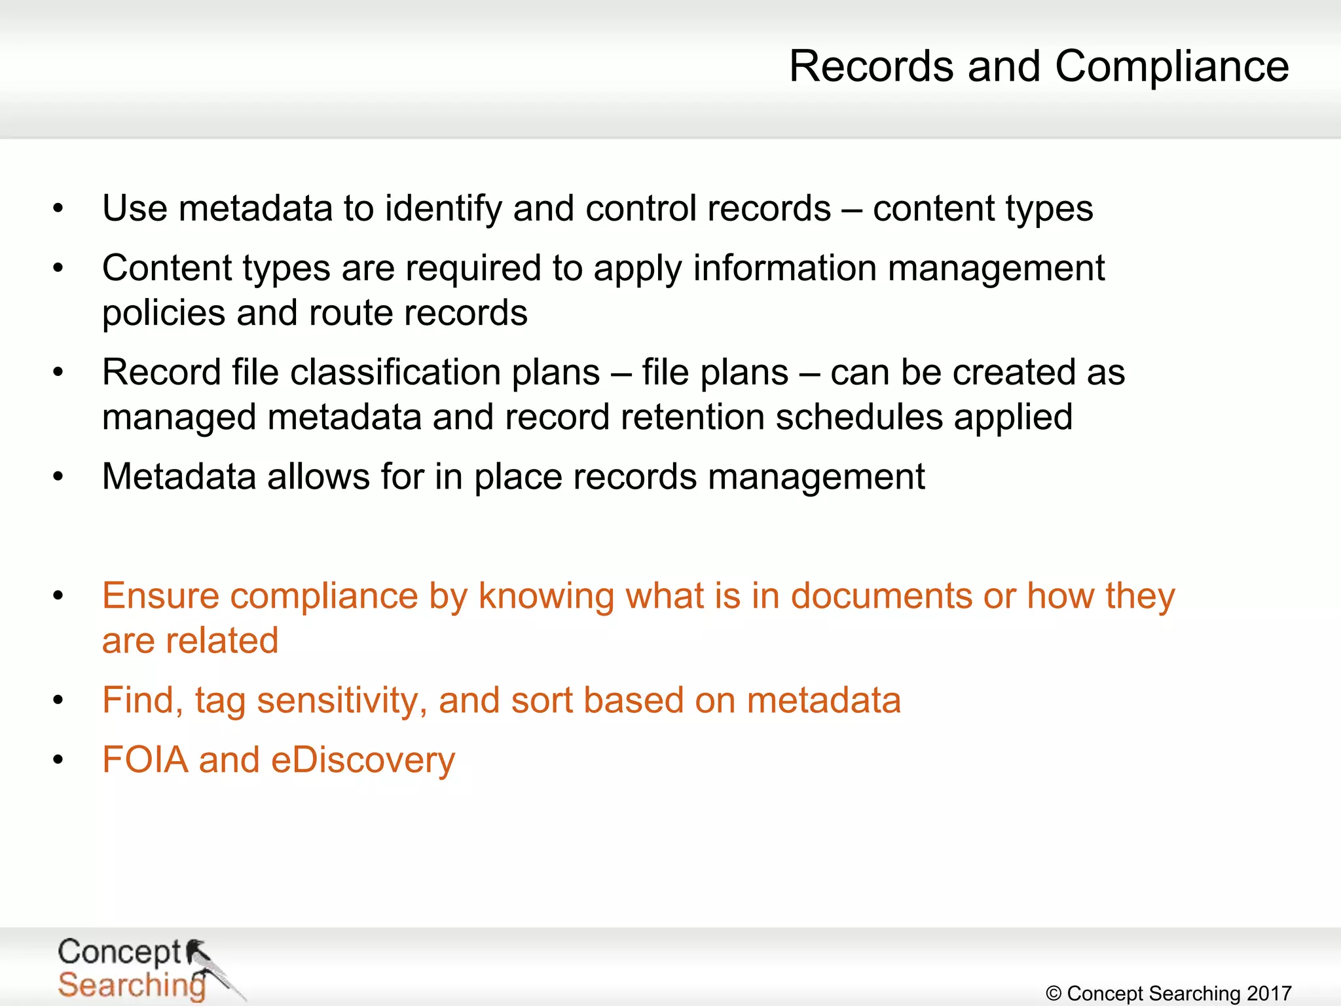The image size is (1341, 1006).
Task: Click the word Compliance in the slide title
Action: click(1171, 67)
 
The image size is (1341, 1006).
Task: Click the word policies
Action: click(164, 314)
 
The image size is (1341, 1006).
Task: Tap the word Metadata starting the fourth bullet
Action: click(179, 476)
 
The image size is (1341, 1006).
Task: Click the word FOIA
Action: click(145, 760)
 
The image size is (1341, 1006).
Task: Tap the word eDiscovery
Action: click(363, 761)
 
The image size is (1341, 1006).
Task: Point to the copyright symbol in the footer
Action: click(1054, 994)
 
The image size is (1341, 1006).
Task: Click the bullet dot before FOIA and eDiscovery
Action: click(58, 760)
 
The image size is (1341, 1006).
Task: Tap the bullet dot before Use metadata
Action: click(58, 209)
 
